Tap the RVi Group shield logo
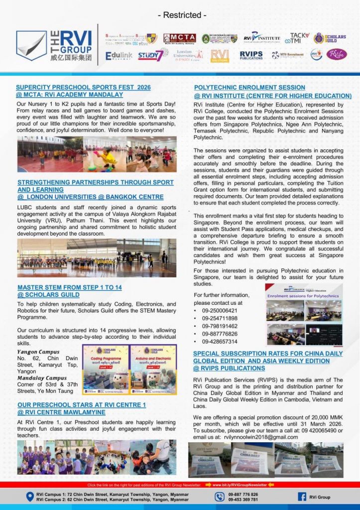point(30,46)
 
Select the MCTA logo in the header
point(179,38)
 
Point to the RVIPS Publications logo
point(251,55)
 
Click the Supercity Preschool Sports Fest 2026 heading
point(83,87)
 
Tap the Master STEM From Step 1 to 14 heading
point(69,287)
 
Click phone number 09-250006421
point(220,310)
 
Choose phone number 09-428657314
point(220,342)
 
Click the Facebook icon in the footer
point(302,497)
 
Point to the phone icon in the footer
point(220,497)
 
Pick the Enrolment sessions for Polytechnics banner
point(303,296)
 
